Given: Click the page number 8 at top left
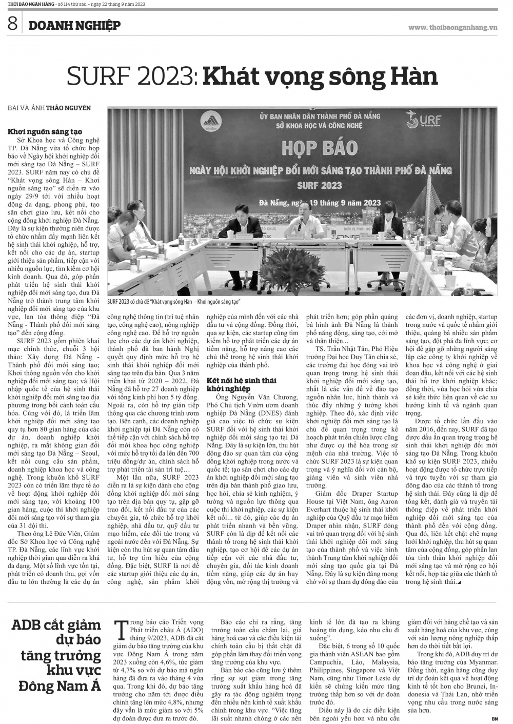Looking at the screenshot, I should [x=12, y=24].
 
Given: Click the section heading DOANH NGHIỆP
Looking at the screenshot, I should [x=74, y=25].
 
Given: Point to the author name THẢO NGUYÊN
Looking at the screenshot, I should [x=68, y=108].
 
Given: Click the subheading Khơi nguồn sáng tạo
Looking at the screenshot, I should [x=45, y=132].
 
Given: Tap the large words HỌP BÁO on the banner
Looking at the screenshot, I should [x=319, y=148].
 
